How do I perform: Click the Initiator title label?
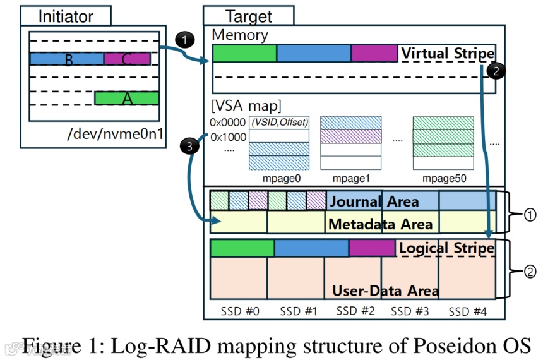[x=65, y=16]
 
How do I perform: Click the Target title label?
[x=248, y=16]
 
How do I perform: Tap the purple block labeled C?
[x=127, y=59]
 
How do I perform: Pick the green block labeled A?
[x=126, y=99]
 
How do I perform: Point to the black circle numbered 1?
[x=183, y=40]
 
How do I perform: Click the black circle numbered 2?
[x=497, y=71]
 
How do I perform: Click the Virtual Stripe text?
[x=447, y=54]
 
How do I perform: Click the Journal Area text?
[x=373, y=201]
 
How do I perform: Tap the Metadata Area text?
[x=380, y=224]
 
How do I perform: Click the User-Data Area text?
[x=385, y=291]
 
